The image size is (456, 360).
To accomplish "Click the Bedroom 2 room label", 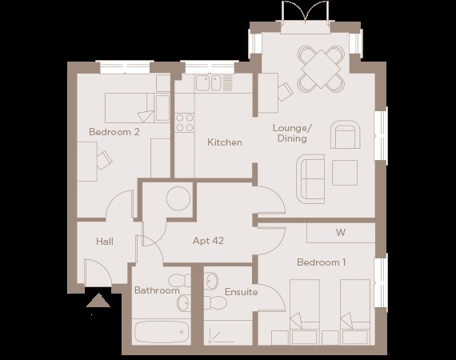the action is click(x=114, y=132).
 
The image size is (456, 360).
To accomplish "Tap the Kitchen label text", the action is click(x=225, y=142).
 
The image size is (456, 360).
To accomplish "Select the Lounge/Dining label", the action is click(x=292, y=133).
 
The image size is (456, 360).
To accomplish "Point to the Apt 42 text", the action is click(x=208, y=241).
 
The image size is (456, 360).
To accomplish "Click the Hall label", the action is click(x=105, y=242).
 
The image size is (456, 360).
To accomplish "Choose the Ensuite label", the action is click(x=242, y=292).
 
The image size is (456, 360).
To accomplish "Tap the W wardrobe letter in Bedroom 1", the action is click(x=341, y=233).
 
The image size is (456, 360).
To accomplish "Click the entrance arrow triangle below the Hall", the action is click(x=98, y=300).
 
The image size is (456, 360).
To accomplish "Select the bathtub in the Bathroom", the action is click(x=162, y=332).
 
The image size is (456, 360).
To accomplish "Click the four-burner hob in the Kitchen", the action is click(x=185, y=122).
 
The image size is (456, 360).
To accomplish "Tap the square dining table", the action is click(x=321, y=70).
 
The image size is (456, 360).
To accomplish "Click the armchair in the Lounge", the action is click(x=346, y=134).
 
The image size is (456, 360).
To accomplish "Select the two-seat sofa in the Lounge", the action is click(x=310, y=179).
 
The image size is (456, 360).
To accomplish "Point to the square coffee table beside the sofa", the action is click(x=345, y=173).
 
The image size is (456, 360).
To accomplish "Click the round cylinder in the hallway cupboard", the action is click(x=178, y=198).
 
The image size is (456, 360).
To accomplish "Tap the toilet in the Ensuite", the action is click(x=215, y=302).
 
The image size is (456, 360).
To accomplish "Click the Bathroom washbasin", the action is click(x=183, y=302).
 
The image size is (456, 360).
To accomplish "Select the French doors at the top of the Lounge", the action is click(x=306, y=13).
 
